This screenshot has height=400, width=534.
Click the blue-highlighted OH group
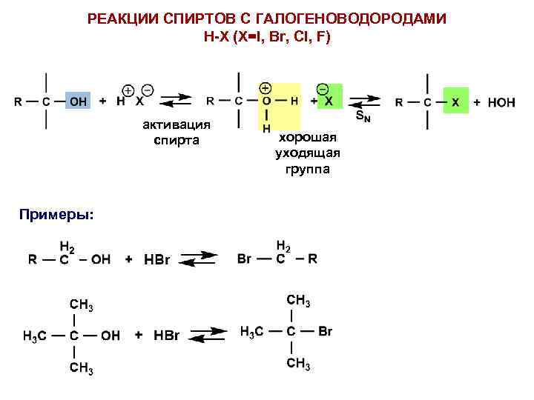click(x=77, y=101)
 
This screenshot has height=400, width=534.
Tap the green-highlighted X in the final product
click(x=456, y=101)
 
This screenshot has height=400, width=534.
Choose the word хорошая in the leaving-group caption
click(x=307, y=138)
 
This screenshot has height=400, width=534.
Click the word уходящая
click(x=307, y=153)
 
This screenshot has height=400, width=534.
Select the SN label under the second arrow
click(x=362, y=116)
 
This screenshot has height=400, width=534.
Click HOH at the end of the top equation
click(x=501, y=102)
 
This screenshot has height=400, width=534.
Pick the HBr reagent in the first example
click(x=157, y=260)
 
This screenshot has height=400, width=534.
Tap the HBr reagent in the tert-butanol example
click(x=166, y=336)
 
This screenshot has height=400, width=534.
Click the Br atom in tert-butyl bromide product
click(x=325, y=331)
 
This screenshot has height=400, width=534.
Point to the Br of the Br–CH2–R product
click(x=245, y=259)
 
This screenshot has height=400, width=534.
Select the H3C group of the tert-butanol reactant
click(x=35, y=336)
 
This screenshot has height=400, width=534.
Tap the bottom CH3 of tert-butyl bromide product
click(x=298, y=363)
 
